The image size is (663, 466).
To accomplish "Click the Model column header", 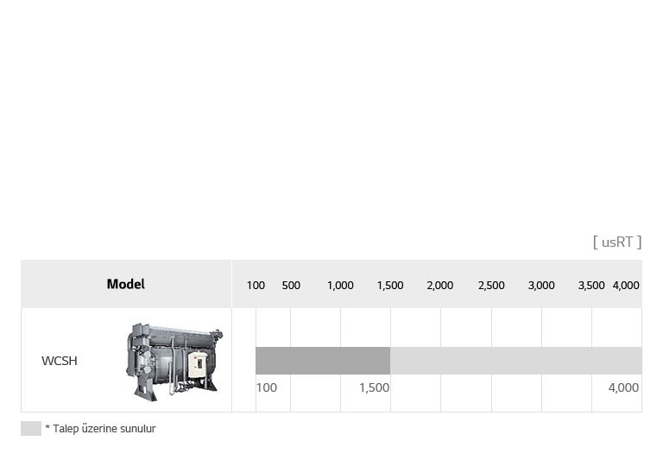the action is pyautogui.click(x=125, y=284).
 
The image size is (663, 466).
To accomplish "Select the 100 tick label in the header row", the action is pyautogui.click(x=256, y=286).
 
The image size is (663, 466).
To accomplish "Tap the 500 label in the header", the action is pyautogui.click(x=291, y=286).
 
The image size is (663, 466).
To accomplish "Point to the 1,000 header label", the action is pyautogui.click(x=340, y=286).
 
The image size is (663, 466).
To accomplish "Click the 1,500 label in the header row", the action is pyautogui.click(x=390, y=286).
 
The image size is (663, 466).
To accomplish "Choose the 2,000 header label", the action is pyautogui.click(x=440, y=286).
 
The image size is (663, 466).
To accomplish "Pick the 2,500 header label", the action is pyautogui.click(x=491, y=286).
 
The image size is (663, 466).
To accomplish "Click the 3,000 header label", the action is pyautogui.click(x=541, y=286).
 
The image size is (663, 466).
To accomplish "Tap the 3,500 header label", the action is pyautogui.click(x=591, y=286).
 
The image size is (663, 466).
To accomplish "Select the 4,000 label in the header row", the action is pyautogui.click(x=626, y=286).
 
